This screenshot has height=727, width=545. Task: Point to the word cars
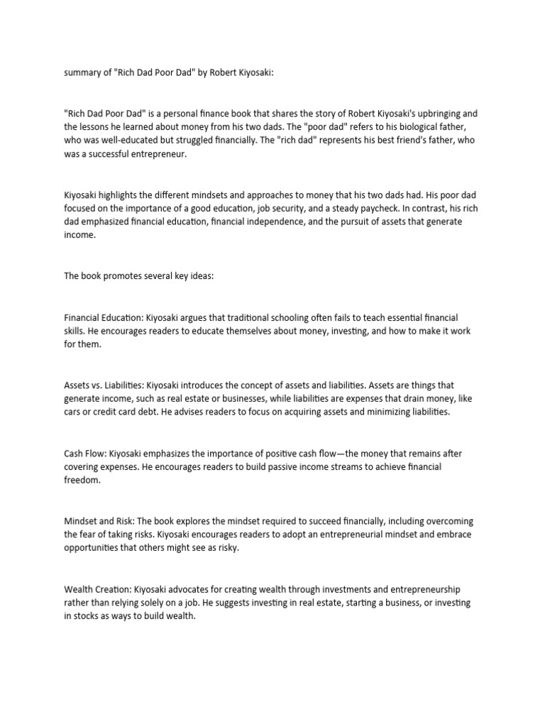click(75, 412)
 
